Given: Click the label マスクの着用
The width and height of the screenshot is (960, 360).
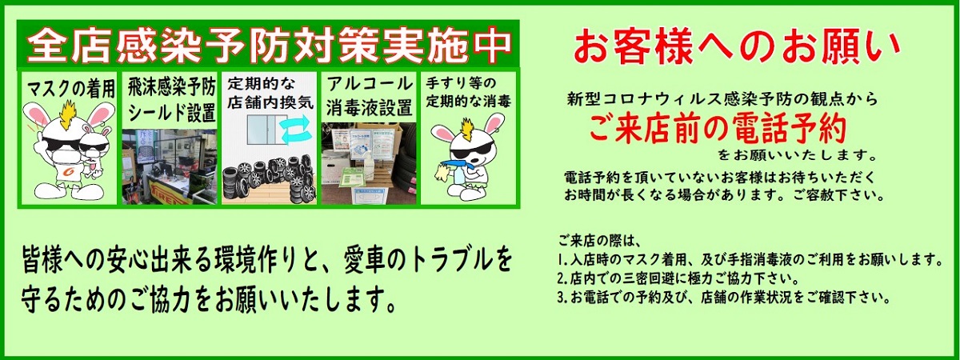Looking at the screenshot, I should coord(71,86).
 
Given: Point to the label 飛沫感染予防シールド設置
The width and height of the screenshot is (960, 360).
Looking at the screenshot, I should coord(170,98).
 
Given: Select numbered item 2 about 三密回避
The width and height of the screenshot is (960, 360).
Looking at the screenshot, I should coord(676,279).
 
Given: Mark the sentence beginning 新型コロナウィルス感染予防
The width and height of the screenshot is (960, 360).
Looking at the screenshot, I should coord(722,100).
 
